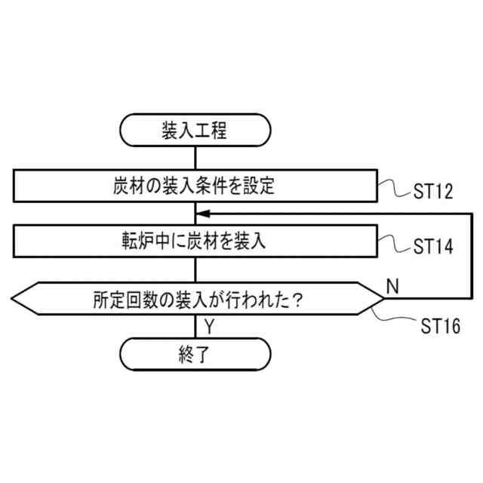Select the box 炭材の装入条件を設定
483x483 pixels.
(195, 186)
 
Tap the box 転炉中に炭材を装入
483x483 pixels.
(195, 242)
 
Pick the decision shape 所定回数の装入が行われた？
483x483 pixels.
(195, 300)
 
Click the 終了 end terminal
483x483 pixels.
(195, 352)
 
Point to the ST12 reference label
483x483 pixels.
(432, 191)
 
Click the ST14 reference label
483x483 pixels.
(432, 247)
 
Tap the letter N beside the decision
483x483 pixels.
(392, 285)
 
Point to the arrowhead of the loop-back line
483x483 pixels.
(202, 214)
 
